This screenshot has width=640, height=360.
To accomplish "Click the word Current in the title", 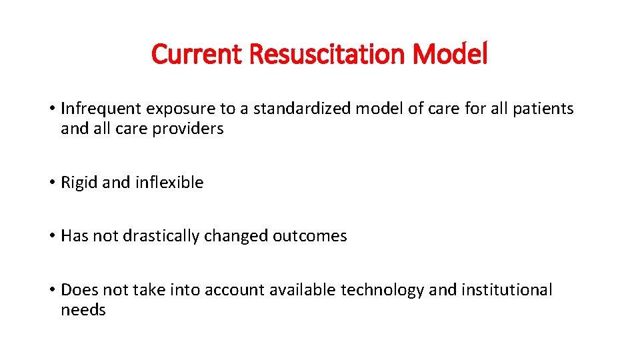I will pos(197,54).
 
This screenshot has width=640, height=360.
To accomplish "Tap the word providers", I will pos(188,129).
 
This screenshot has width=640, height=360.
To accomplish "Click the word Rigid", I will pos(79,182).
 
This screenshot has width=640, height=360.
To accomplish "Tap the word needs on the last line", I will pos(83,310).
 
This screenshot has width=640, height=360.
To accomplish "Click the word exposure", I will pos(173,109).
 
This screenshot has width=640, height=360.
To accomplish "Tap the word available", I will pos(303,290).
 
